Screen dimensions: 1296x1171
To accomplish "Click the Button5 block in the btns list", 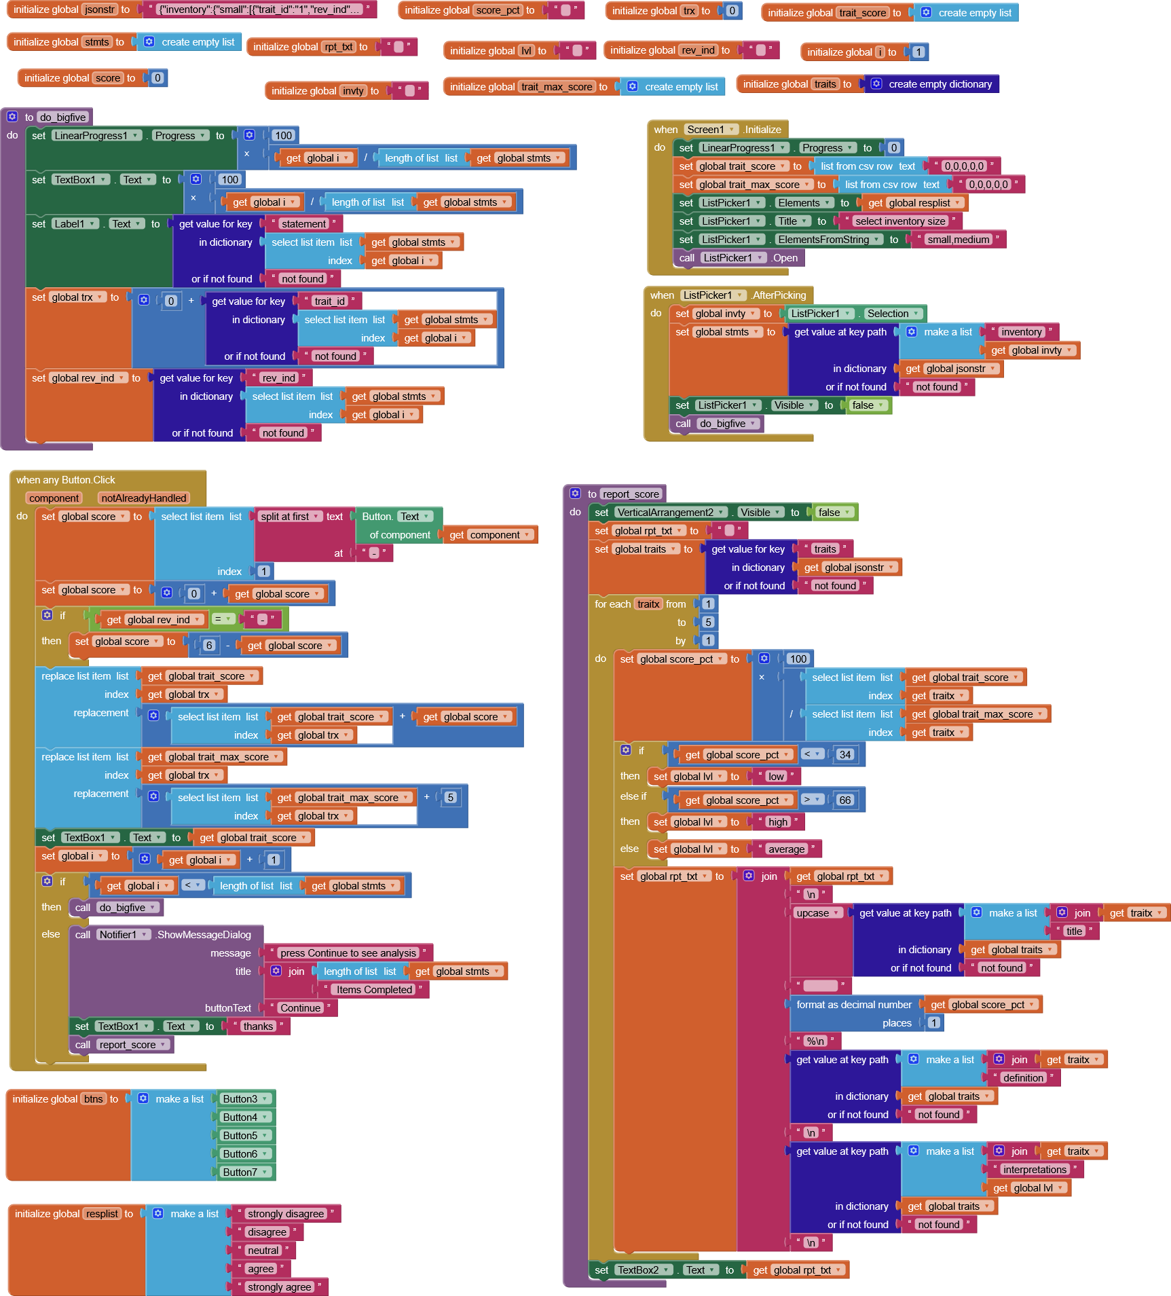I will coord(240,1135).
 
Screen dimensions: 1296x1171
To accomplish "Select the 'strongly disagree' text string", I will coord(285,1213).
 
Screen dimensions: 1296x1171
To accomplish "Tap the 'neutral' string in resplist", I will coord(263,1250).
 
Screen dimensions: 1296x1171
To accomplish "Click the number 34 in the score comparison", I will coord(844,754).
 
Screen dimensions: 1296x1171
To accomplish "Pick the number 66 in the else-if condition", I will coord(844,800).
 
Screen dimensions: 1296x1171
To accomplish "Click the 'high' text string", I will coord(777,821).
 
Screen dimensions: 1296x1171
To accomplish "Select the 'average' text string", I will coord(786,849).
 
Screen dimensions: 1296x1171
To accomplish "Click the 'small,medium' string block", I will coord(958,239).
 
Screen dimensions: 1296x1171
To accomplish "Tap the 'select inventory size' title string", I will coord(899,221).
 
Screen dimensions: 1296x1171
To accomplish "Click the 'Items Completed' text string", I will coord(374,989).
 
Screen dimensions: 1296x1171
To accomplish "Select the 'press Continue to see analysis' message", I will coord(348,952).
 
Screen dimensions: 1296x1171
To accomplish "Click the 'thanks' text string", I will coord(258,1026).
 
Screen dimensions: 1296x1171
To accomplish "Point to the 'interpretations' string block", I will coord(1034,1169).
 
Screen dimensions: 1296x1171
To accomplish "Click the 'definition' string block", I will coord(1023,1077).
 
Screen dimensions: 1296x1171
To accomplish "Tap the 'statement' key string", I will coord(303,223).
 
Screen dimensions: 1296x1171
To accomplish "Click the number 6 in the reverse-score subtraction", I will coord(209,645).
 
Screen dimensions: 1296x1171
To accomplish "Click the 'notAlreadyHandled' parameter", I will coord(143,498).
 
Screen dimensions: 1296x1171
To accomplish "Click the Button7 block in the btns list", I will coord(240,1172).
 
